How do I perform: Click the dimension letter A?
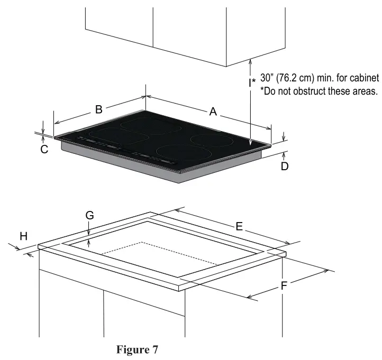coord(213,112)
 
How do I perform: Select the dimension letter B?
coord(98,109)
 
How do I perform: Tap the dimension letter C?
coord(44,149)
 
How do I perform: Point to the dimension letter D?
coord(284,167)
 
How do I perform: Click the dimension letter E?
coord(239,226)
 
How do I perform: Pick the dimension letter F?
coord(284,286)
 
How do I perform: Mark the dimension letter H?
coord(24,236)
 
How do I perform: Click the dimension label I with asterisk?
coord(252,82)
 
